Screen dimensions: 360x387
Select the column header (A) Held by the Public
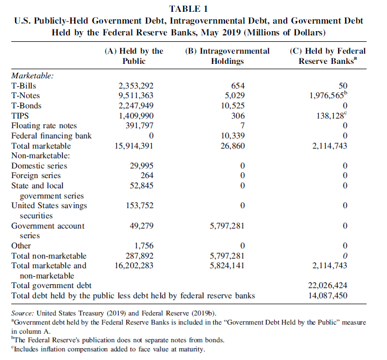134,56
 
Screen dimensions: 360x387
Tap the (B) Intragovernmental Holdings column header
227,56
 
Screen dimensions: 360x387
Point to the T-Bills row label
24,85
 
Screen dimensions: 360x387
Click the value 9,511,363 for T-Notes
135,95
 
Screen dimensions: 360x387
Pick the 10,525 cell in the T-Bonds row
233,105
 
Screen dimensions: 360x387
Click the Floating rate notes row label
44,126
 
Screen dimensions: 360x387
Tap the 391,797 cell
139,126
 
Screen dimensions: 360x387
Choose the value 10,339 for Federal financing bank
233,135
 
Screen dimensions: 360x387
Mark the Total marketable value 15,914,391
134,145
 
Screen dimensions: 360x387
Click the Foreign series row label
36,175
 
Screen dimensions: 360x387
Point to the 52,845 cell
142,186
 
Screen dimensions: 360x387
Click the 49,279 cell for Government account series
142,226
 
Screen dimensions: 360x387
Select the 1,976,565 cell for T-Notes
328,95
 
